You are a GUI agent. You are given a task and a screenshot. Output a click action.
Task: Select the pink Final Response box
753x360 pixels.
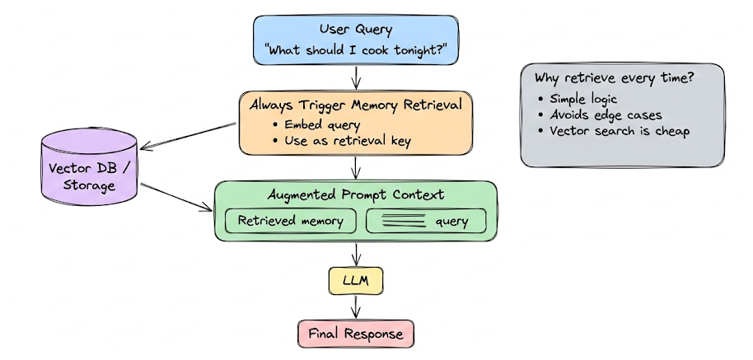(x=356, y=334)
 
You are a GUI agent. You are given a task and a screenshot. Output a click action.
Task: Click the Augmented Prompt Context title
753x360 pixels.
(x=356, y=195)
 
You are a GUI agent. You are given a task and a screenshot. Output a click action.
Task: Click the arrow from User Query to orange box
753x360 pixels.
(x=356, y=77)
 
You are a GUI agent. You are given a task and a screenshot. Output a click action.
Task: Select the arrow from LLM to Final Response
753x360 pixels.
(x=356, y=307)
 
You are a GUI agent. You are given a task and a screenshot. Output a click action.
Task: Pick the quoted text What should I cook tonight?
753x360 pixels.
(x=355, y=49)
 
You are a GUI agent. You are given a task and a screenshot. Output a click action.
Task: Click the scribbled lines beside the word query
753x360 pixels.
(x=404, y=221)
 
